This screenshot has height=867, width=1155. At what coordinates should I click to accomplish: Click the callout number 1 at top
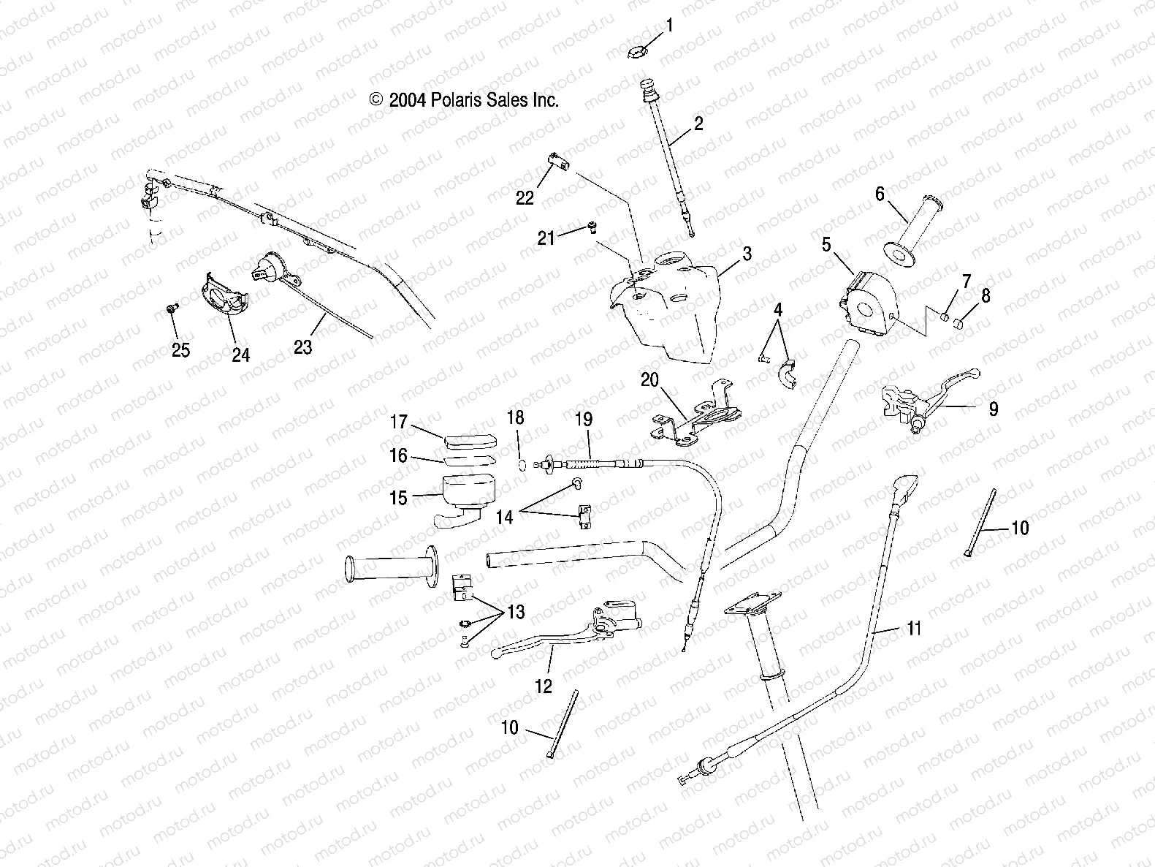pyautogui.click(x=668, y=26)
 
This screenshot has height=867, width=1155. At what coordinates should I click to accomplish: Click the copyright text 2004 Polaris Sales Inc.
pyautogui.click(x=465, y=100)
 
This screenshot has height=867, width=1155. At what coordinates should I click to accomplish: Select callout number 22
pyautogui.click(x=525, y=197)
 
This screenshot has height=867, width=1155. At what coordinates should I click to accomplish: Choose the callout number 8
pyautogui.click(x=986, y=295)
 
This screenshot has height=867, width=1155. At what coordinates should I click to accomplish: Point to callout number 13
pyautogui.click(x=516, y=612)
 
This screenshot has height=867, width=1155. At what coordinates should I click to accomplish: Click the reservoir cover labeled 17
pyautogui.click(x=469, y=440)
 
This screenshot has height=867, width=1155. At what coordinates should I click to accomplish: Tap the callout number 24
pyautogui.click(x=240, y=355)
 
